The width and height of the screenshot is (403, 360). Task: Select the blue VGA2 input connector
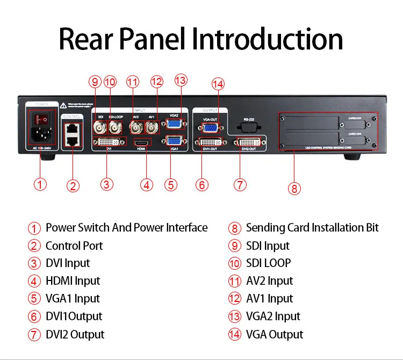(174, 123)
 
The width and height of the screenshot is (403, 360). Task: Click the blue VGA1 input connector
(174, 142)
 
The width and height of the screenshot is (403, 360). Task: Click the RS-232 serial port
(248, 127)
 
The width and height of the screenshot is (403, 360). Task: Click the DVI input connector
(109, 142)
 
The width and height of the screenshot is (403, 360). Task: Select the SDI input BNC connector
(100, 127)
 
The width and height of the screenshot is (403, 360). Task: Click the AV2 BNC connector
(137, 127)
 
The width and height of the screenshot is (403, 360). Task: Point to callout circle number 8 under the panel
(294, 188)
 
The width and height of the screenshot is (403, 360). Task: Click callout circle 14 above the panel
(218, 84)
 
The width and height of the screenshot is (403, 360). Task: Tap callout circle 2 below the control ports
(73, 186)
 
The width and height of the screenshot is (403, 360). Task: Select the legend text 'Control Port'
(74, 246)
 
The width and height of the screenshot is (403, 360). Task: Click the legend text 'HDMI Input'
(73, 281)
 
